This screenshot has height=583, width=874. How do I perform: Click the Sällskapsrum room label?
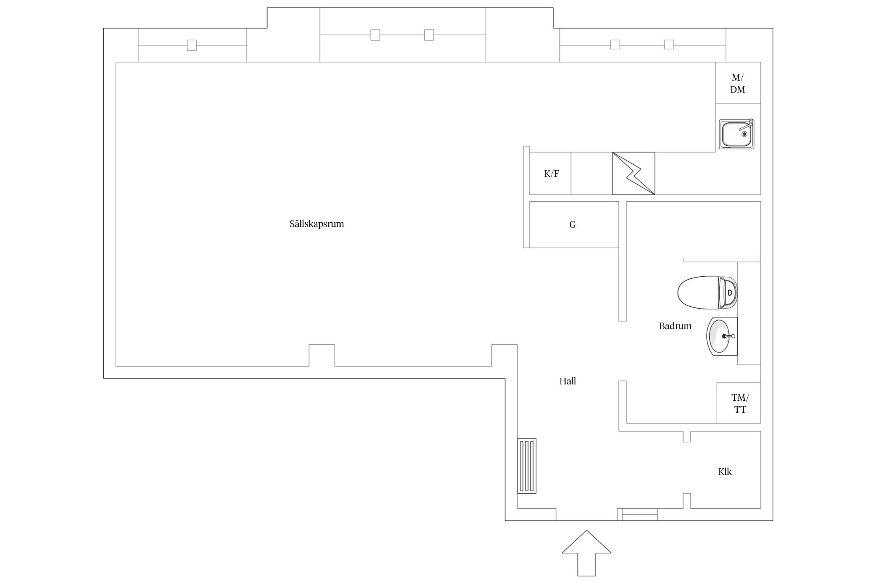pos(317,224)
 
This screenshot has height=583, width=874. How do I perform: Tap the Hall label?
pos(568,381)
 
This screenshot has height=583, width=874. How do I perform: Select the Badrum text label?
pos(675,326)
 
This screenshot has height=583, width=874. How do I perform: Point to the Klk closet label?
pos(725,472)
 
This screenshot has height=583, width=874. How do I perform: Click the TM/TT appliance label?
pos(740,403)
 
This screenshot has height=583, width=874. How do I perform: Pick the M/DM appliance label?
pos(738,84)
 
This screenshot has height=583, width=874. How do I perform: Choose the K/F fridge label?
pos(552,174)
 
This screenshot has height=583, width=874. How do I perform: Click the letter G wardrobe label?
pos(573,225)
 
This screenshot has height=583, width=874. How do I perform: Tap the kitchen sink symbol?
pos(736,134)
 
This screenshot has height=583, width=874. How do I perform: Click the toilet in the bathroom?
pos(707,292)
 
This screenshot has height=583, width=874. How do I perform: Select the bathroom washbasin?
pos(721,336)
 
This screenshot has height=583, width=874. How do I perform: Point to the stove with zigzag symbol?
pos(634,173)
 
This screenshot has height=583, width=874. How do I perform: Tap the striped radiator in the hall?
pos(527,466)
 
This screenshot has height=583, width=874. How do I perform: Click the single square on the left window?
pos(192,45)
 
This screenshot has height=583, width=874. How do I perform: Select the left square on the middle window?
pos(375,35)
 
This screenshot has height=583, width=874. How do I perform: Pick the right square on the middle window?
pos(429,35)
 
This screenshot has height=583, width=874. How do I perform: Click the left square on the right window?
pos(615,45)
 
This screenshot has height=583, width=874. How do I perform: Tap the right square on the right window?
pos(669,45)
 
